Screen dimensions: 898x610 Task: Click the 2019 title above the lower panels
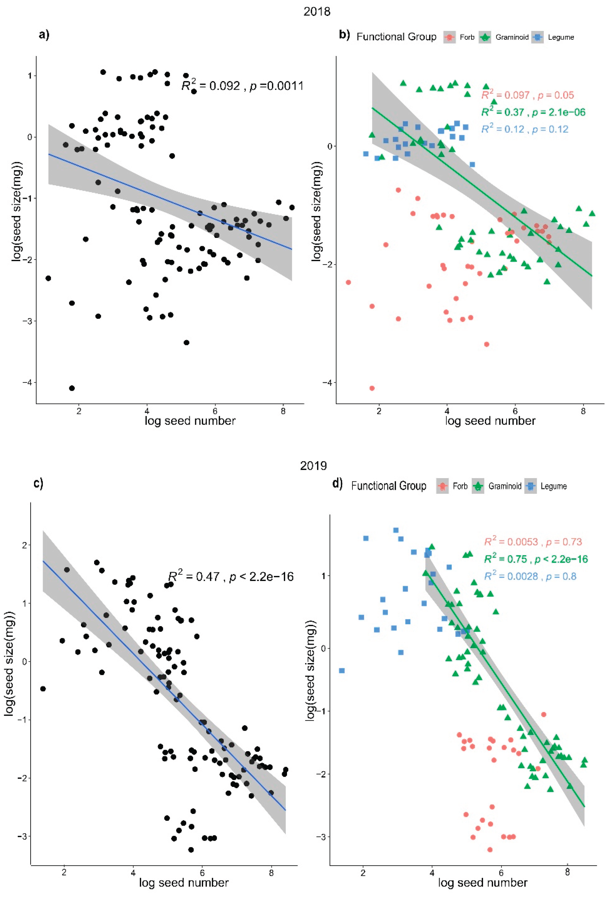pyautogui.click(x=314, y=465)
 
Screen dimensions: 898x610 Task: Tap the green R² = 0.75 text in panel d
pyautogui.click(x=536, y=559)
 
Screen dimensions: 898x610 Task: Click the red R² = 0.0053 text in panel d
pyautogui.click(x=533, y=542)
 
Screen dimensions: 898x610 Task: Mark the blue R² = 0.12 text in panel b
pyautogui.click(x=525, y=129)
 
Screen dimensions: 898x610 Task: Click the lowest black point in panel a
pyautogui.click(x=72, y=388)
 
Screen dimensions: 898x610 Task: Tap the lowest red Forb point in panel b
pyautogui.click(x=372, y=388)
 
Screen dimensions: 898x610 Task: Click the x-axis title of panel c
pyautogui.click(x=184, y=883)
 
